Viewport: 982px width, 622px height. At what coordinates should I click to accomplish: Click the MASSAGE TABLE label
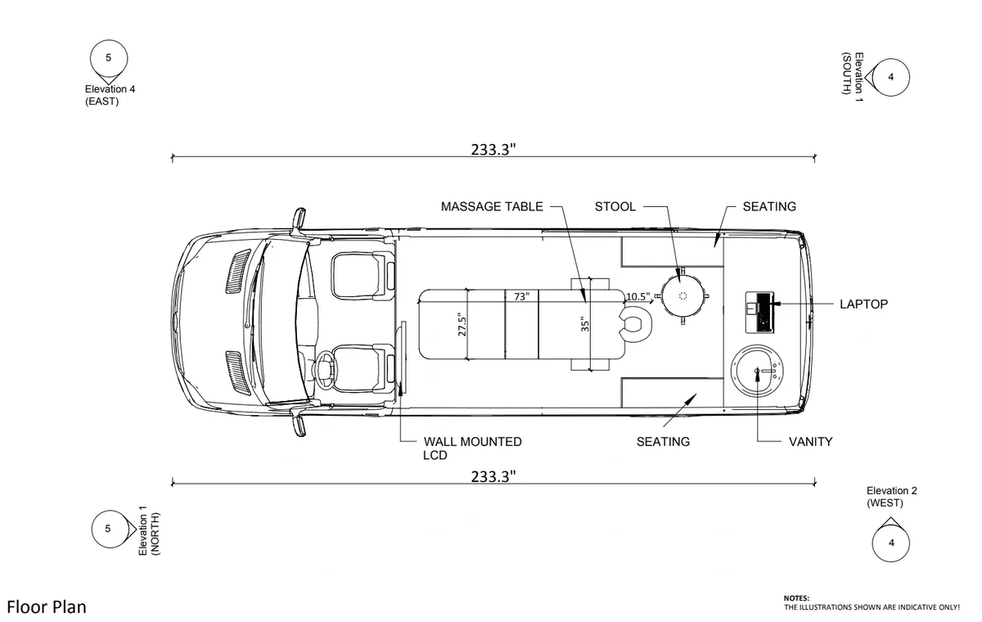491,206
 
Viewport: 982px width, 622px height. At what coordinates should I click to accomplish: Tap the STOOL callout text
615,206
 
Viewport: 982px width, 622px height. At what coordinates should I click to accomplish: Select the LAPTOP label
863,304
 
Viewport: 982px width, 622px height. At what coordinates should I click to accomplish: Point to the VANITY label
810,442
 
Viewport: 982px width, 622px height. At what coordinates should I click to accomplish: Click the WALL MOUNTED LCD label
472,448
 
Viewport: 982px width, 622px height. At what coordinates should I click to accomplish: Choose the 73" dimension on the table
522,296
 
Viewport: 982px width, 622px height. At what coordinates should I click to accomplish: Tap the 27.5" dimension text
462,323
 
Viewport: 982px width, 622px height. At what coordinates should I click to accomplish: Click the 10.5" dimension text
638,296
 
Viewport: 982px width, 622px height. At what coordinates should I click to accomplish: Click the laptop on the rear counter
760,311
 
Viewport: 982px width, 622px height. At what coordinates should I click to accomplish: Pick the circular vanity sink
756,372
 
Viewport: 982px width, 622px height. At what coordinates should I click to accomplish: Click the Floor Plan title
47,606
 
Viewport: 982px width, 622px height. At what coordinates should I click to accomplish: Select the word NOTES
795,598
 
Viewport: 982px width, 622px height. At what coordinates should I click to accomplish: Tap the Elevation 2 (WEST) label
892,496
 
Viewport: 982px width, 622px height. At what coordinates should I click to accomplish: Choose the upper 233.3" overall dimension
493,149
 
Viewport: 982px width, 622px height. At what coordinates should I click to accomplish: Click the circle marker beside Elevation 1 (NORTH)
107,529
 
